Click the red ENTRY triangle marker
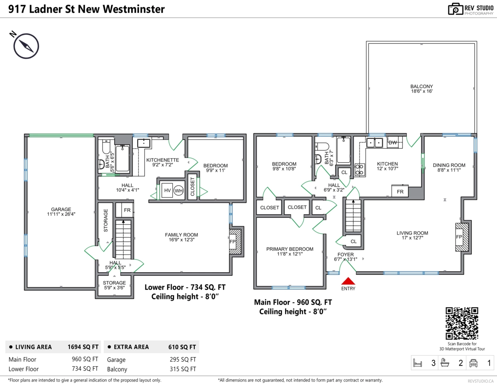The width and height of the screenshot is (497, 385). click(348, 281)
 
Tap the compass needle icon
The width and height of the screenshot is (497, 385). click(26, 46)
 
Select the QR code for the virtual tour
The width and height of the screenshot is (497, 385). click(461, 323)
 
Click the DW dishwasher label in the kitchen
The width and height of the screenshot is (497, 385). click(393, 143)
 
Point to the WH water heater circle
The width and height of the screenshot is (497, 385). click(179, 191)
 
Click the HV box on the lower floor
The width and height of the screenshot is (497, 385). click(167, 190)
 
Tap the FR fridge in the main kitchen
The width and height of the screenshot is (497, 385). click(400, 191)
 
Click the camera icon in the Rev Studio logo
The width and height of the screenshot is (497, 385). click(455, 9)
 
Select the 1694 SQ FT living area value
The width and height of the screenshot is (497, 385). click(83, 347)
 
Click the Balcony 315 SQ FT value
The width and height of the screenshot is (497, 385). click(183, 369)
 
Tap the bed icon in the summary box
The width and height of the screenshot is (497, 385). click(417, 363)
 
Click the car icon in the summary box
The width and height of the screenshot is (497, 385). click(473, 363)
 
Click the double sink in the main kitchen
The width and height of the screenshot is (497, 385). click(374, 143)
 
